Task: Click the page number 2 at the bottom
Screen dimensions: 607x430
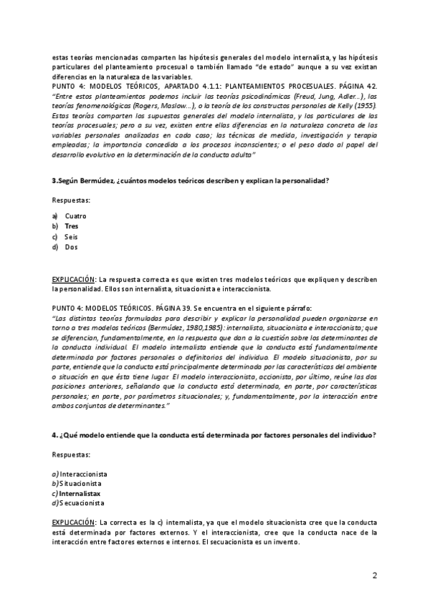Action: click(x=374, y=576)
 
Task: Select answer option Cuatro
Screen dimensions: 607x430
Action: click(x=75, y=215)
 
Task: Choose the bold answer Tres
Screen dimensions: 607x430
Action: click(x=72, y=226)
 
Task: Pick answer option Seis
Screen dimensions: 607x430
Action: click(x=71, y=237)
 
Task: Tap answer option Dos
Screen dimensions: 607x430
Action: click(x=71, y=248)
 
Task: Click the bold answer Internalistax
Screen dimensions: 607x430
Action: click(x=80, y=493)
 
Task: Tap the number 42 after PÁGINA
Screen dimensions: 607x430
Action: click(x=371, y=85)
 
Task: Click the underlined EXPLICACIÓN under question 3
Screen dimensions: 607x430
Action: click(x=73, y=278)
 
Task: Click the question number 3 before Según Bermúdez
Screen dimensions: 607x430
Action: click(x=54, y=181)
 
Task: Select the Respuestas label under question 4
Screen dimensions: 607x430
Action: click(x=71, y=455)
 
